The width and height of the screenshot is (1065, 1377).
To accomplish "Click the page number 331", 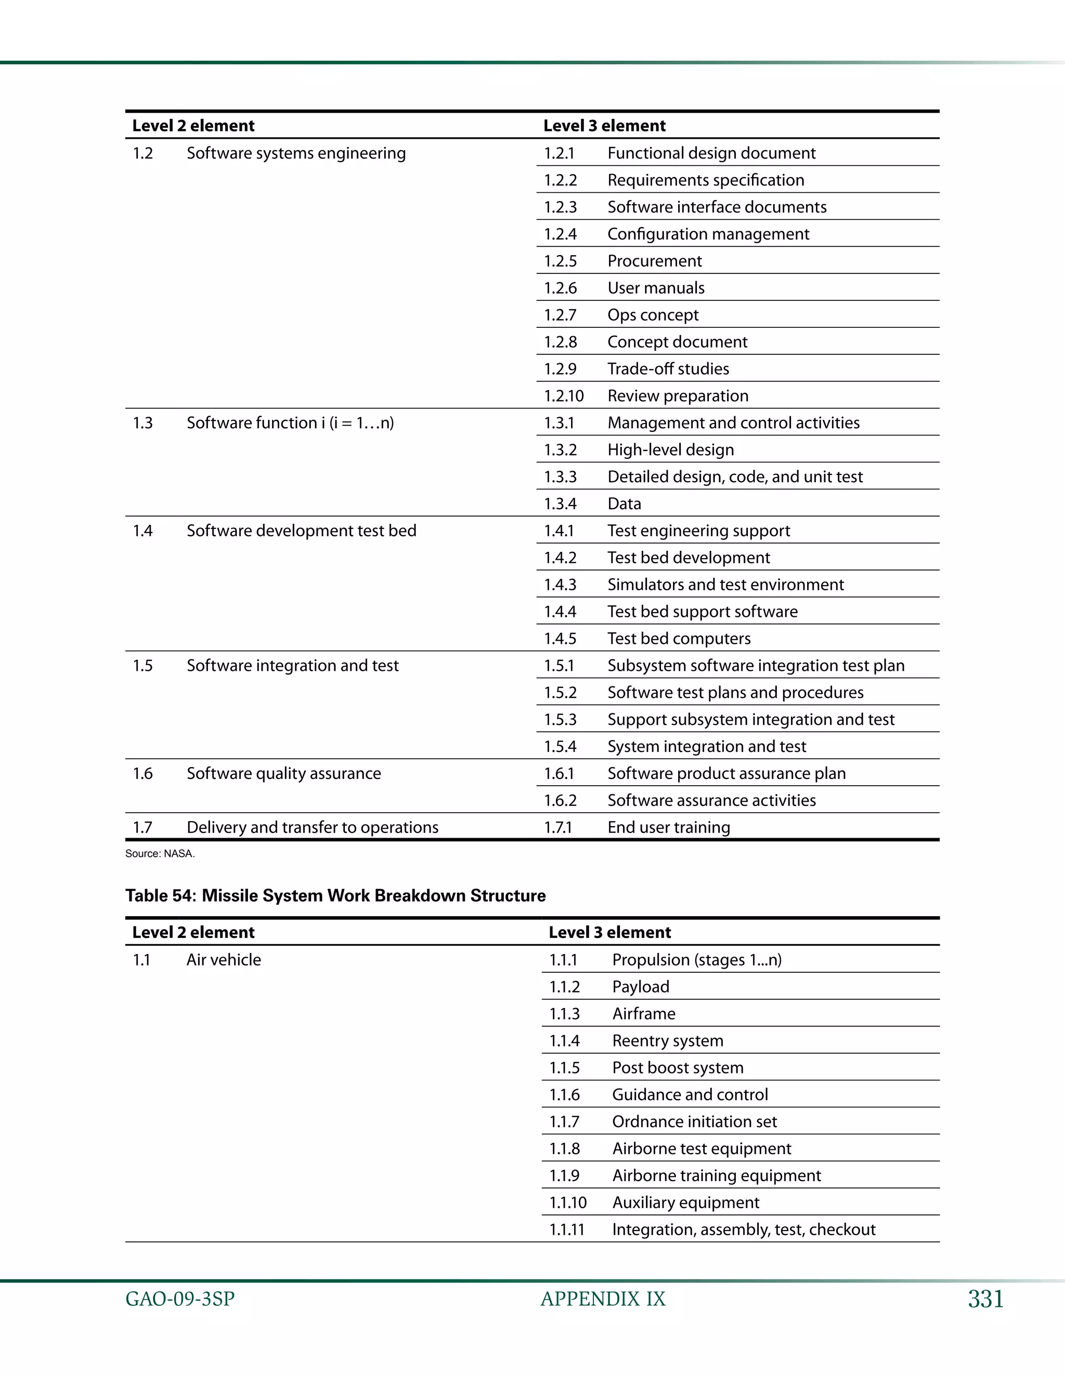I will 985,1299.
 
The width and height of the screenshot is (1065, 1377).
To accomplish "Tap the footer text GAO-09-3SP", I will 180,1300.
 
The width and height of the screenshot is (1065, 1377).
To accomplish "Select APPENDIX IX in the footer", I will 603,1300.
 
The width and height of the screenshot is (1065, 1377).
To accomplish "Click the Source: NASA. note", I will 160,854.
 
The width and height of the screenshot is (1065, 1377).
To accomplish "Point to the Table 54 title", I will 335,895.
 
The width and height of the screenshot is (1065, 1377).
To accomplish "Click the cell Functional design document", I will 711,153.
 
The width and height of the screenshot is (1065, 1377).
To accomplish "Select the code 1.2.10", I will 563,396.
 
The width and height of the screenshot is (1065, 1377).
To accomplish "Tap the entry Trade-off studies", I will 668,369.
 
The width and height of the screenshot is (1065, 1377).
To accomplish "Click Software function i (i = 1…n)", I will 290,422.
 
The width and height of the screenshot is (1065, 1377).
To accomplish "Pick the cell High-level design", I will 670,449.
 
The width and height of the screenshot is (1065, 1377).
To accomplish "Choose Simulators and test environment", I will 725,585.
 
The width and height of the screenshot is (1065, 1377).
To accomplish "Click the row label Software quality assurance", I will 283,773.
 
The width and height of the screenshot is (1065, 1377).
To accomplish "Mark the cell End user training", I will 668,827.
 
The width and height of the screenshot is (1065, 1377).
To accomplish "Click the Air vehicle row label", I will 223,960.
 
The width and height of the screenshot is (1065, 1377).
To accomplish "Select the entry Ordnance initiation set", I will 694,1122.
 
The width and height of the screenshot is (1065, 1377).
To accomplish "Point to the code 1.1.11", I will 567,1229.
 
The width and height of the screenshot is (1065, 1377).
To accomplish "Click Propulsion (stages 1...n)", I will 696,960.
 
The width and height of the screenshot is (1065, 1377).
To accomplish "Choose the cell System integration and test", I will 706,747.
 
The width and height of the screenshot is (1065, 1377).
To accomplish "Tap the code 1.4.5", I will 560,639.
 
